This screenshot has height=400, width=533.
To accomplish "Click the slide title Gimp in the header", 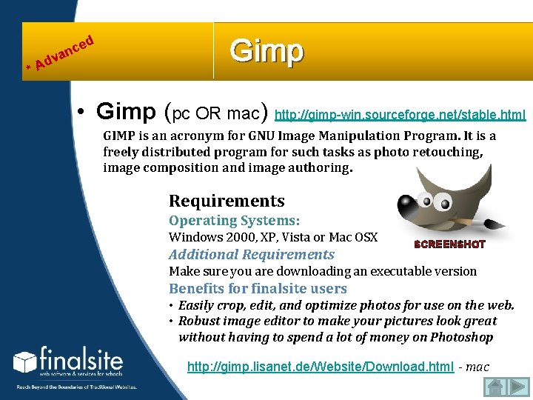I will (x=266, y=52).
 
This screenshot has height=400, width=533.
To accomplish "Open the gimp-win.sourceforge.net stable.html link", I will (x=400, y=115).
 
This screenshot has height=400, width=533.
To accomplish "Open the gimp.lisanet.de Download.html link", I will (x=321, y=367).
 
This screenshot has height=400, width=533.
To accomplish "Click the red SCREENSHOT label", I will (x=449, y=244).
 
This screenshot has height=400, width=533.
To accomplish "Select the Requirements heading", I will (x=227, y=201).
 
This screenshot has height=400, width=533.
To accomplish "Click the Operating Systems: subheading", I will (x=234, y=221).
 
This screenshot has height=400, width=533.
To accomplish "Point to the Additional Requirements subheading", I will (x=252, y=254).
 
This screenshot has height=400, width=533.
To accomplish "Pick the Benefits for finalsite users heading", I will (x=258, y=288).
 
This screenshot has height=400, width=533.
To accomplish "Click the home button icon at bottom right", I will (x=496, y=387).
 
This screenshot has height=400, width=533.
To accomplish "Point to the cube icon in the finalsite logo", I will (x=24, y=362).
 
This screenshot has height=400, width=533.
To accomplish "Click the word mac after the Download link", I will (x=479, y=367).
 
